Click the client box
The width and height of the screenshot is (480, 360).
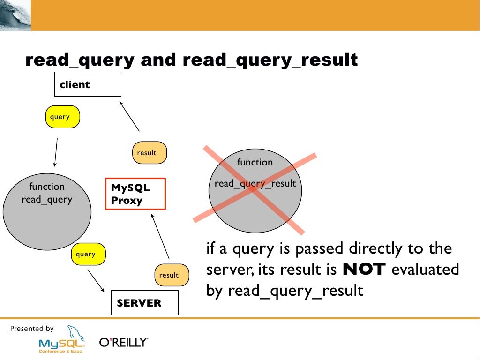click(x=88, y=84)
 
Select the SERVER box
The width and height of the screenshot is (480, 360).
click(x=144, y=302)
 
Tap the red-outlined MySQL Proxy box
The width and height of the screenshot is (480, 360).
click(x=135, y=194)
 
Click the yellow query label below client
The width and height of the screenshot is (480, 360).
click(x=62, y=117)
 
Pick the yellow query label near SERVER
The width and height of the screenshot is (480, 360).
click(x=89, y=255)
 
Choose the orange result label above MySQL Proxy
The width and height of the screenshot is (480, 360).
click(x=150, y=152)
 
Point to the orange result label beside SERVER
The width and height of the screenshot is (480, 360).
click(x=172, y=275)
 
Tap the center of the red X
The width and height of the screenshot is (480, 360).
click(x=254, y=189)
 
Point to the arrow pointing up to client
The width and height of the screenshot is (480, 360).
click(x=130, y=115)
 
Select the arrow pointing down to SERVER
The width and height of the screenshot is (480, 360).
click(x=96, y=281)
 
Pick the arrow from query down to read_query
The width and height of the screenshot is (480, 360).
click(x=56, y=152)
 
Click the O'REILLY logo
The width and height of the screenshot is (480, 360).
click(x=124, y=343)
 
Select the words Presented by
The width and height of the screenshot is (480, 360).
click(x=32, y=329)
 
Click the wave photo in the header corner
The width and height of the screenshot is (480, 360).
click(x=15, y=15)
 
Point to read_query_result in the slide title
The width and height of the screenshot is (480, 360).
click(x=270, y=60)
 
